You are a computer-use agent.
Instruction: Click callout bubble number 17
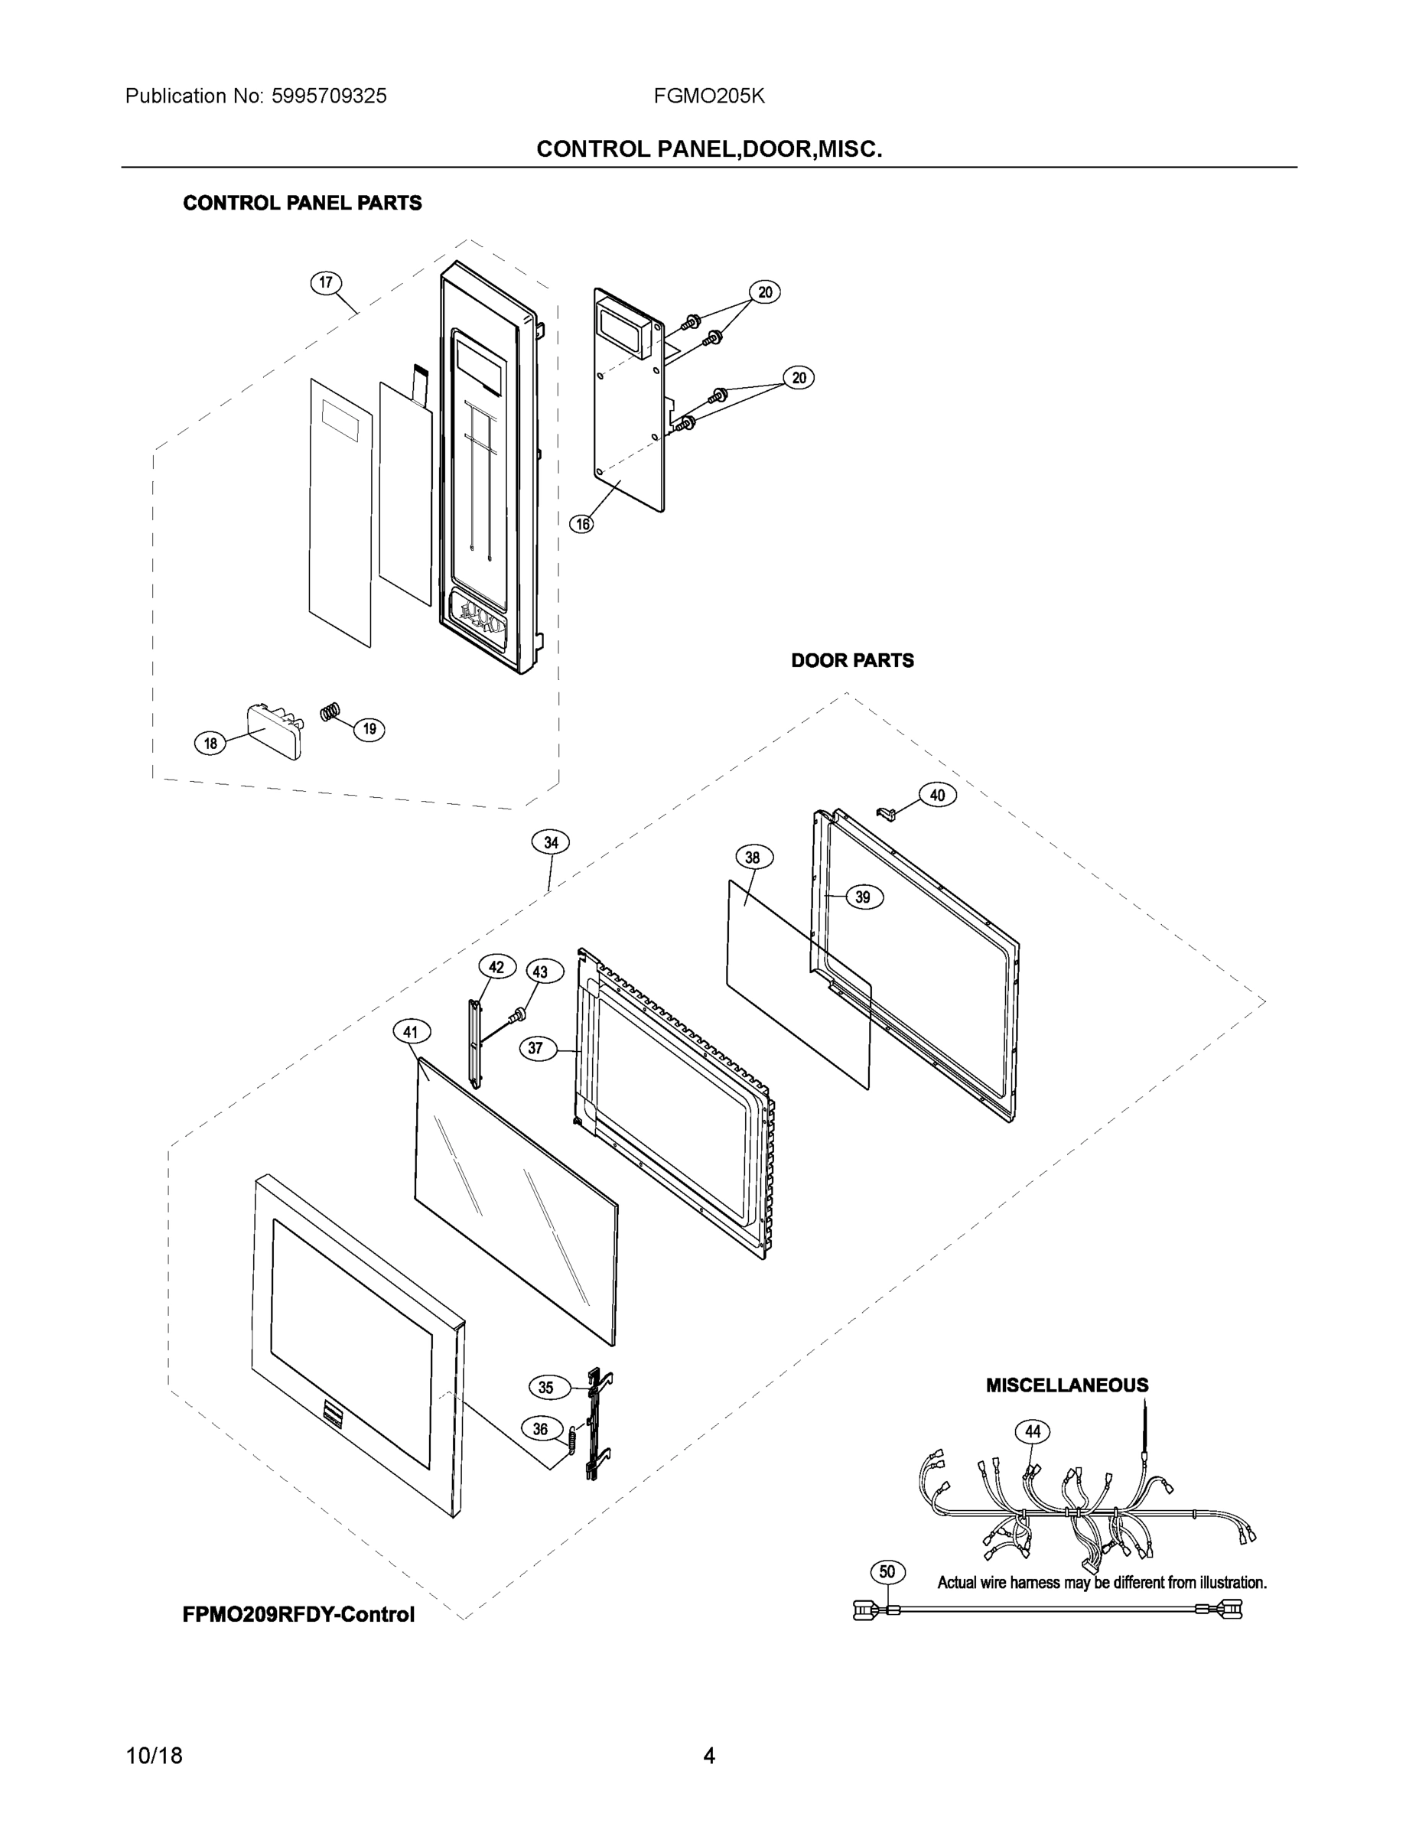click(326, 282)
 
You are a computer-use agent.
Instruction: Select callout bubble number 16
click(581, 525)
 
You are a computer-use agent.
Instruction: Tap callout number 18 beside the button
click(210, 743)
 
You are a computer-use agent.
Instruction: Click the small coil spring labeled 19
click(331, 712)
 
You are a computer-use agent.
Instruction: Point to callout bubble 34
click(551, 842)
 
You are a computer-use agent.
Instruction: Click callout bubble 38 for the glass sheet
click(753, 858)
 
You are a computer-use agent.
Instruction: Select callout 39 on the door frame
click(863, 897)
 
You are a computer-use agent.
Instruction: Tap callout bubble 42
click(496, 967)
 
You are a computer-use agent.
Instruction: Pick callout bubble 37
click(535, 1048)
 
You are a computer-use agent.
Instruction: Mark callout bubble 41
click(410, 1031)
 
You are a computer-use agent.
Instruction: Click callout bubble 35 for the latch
click(545, 1388)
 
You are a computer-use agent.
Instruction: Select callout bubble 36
click(540, 1429)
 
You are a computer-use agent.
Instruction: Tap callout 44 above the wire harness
click(1033, 1431)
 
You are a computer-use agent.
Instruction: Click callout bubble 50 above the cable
click(887, 1572)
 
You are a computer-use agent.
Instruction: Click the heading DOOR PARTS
click(851, 661)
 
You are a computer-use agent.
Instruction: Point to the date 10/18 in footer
click(154, 1756)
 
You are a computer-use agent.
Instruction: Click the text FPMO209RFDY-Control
click(298, 1614)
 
